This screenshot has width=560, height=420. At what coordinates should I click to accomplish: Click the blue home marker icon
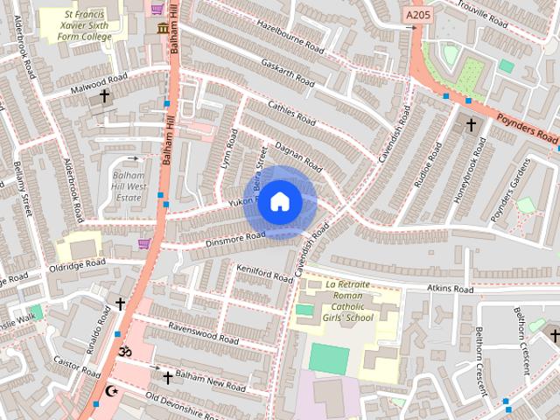tap(279, 202)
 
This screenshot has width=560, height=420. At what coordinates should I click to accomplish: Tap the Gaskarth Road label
tap(287, 72)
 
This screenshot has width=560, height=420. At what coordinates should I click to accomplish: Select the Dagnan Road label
tap(299, 157)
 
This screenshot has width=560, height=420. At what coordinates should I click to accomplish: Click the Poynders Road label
tap(528, 129)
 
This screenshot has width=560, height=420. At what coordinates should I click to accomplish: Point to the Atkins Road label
tap(450, 289)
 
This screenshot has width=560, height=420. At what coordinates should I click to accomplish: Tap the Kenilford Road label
tap(264, 273)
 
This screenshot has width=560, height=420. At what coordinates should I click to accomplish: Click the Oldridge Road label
tap(77, 264)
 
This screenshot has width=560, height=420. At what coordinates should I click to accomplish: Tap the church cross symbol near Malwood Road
tap(105, 95)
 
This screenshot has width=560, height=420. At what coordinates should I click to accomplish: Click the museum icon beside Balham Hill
tap(163, 29)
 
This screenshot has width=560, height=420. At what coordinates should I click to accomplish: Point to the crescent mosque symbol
tap(110, 391)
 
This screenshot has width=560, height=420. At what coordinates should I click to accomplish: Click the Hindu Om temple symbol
tap(124, 351)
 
